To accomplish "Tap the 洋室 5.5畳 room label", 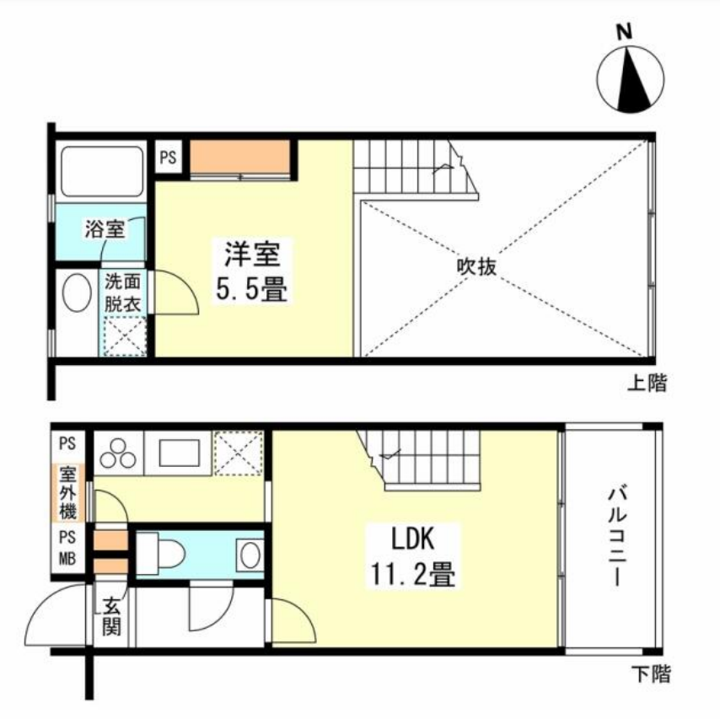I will click(x=252, y=271).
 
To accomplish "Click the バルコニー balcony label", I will click(x=613, y=535).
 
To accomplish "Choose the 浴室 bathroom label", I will click(x=105, y=228).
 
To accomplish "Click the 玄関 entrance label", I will click(x=111, y=616).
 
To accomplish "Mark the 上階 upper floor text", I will click(x=647, y=384).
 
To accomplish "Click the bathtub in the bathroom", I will click(x=99, y=173).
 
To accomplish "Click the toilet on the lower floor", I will click(x=167, y=553).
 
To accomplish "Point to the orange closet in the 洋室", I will click(x=240, y=157).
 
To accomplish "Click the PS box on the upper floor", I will click(x=169, y=157).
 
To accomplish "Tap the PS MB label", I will click(x=67, y=548).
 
